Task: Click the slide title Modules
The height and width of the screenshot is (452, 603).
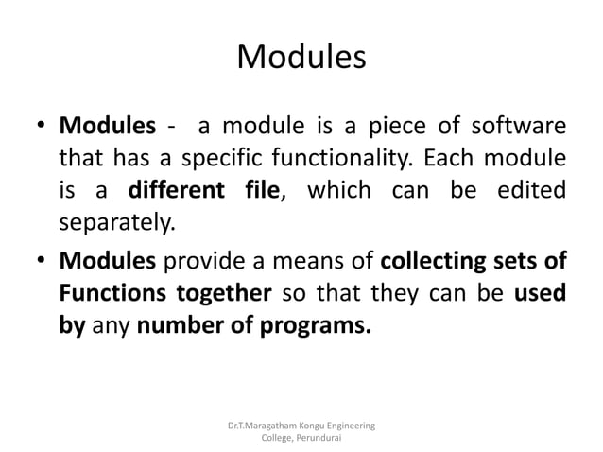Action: point(301,58)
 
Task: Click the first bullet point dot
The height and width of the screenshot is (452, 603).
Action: point(43,127)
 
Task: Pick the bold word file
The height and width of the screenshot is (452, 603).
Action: point(258,185)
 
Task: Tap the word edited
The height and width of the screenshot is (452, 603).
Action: point(533,185)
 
